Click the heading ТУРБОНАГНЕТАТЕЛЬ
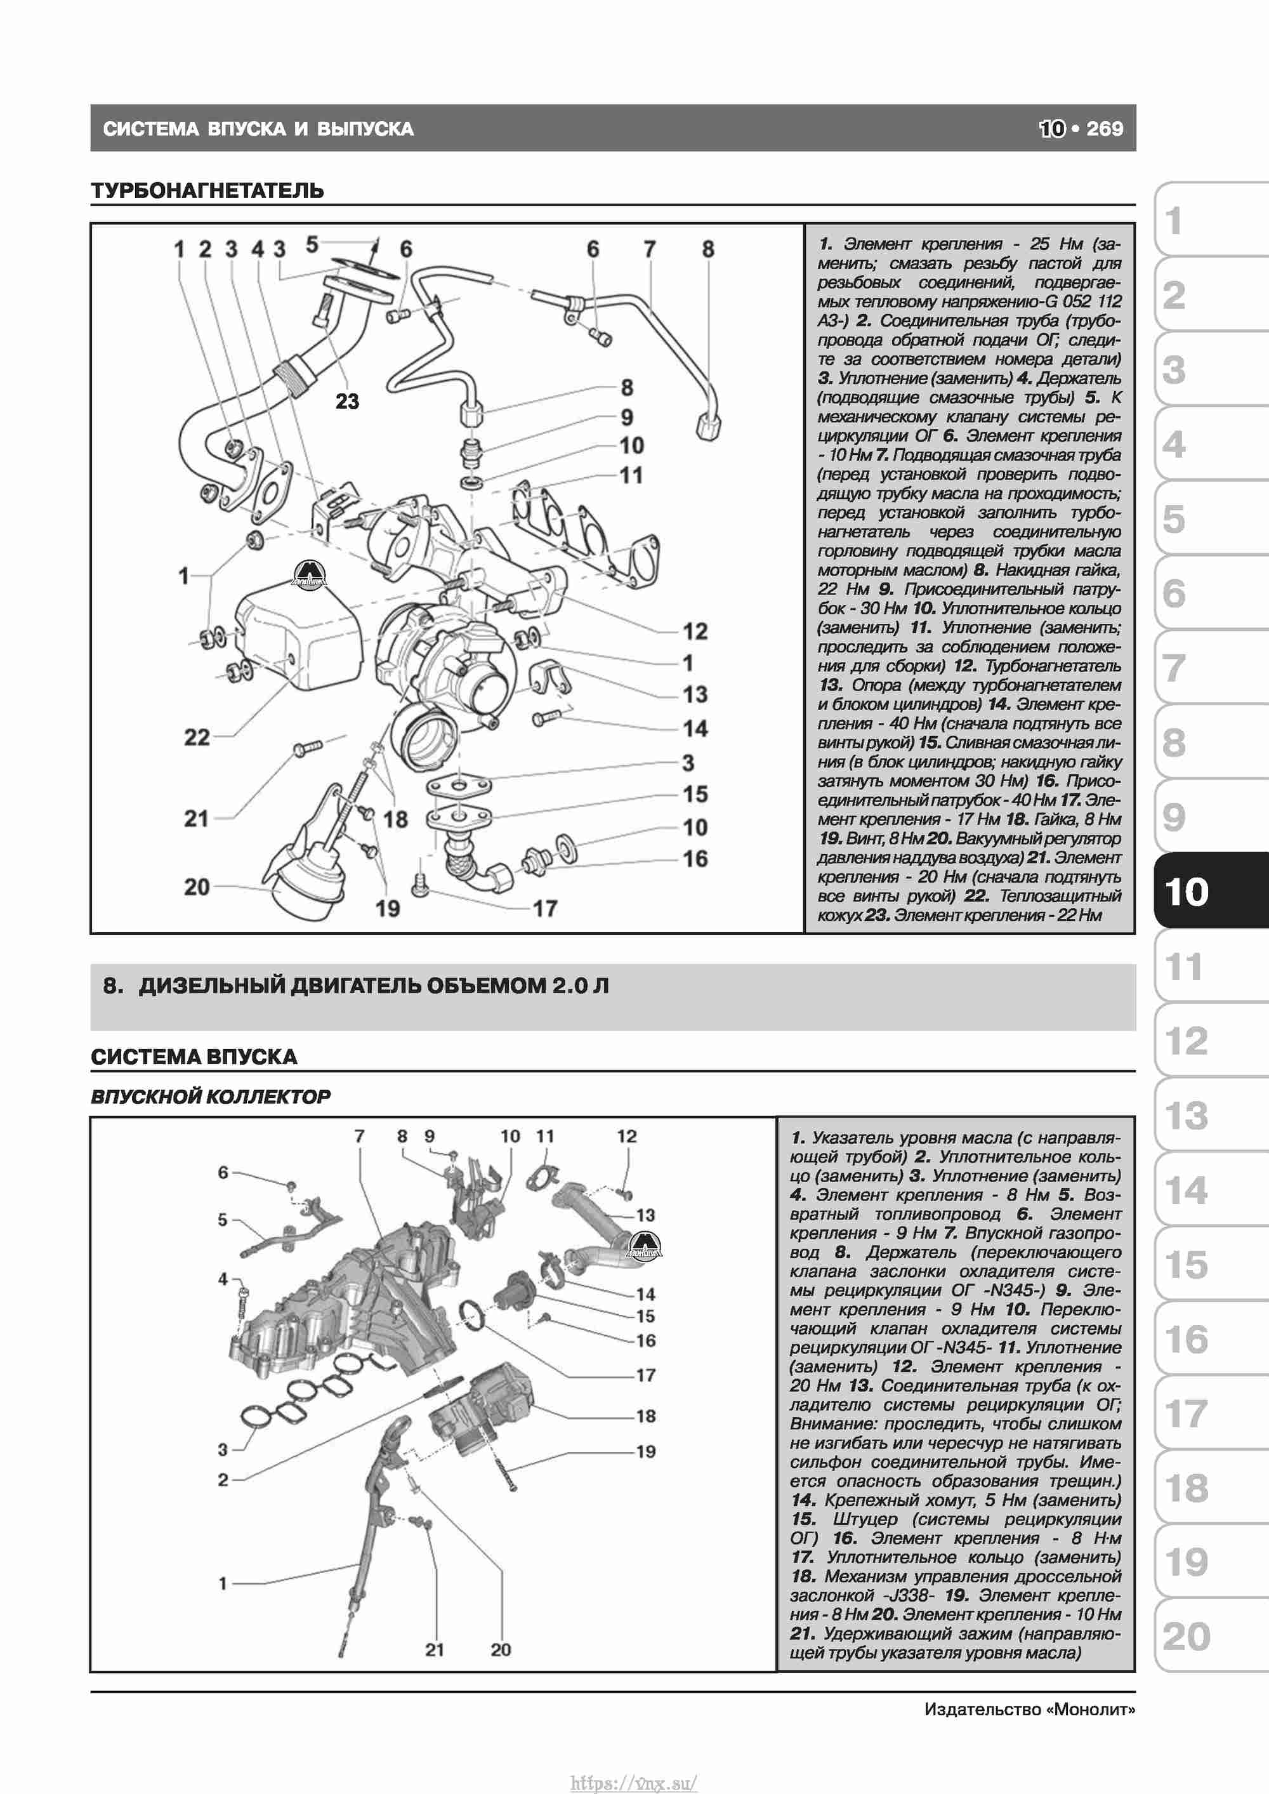(207, 190)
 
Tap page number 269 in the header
(1104, 129)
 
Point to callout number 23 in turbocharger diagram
(347, 402)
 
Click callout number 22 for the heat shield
(197, 737)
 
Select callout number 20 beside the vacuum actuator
(197, 887)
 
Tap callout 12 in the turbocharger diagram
(695, 631)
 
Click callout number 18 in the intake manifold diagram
(645, 1416)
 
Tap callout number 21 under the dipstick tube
(435, 1649)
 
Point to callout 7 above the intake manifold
(360, 1136)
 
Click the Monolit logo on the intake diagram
(646, 1244)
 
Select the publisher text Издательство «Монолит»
(1029, 1710)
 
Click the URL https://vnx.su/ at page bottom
(634, 1783)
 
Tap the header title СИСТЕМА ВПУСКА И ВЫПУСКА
(259, 129)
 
